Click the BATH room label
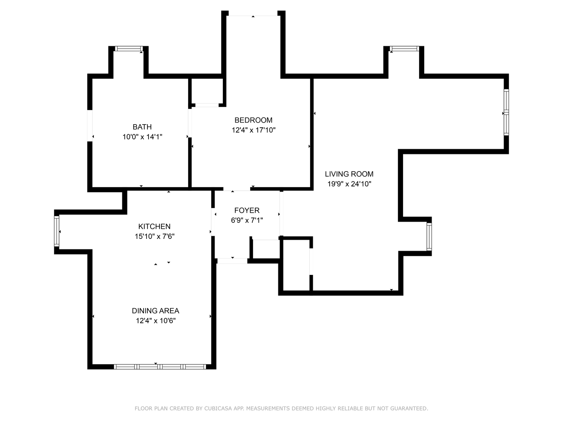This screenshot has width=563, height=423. tap(142, 127)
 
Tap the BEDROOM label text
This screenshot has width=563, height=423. tap(253, 120)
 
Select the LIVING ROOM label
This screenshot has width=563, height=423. tap(349, 174)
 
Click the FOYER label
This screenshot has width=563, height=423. tap(247, 211)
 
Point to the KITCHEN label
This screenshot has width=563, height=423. tap(154, 226)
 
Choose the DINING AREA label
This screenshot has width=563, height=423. tap(156, 311)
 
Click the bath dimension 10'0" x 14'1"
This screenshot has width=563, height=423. tap(142, 137)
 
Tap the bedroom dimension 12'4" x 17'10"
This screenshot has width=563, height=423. tap(254, 130)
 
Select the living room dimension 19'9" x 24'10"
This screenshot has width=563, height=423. tap(350, 184)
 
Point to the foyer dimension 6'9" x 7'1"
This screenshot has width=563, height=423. tap(247, 221)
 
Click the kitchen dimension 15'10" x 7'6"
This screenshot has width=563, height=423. tap(155, 236)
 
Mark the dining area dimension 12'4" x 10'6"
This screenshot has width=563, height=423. tap(156, 321)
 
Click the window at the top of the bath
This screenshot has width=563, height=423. tap(129, 49)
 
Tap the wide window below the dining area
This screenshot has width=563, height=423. tap(160, 367)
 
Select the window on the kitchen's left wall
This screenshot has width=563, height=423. tap(57, 231)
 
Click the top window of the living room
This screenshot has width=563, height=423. tap(404, 49)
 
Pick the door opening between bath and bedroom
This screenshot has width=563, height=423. tap(190, 123)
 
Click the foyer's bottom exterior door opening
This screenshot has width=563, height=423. tap(232, 261)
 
